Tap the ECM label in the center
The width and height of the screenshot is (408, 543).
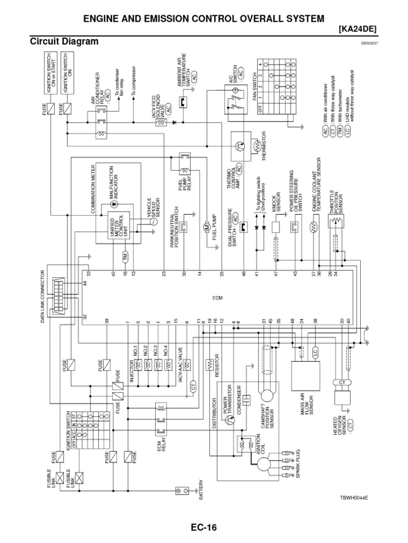(216, 298)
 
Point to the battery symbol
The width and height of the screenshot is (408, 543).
(182, 491)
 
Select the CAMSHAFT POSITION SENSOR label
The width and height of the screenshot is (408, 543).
(276, 415)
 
